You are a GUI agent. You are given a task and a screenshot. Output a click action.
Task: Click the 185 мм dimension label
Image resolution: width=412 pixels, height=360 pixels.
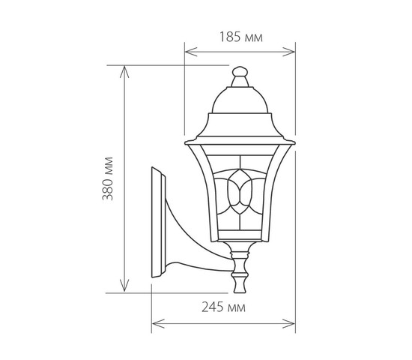tap(241, 37)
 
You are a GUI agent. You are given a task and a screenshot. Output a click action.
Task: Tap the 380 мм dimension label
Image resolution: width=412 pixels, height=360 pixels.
tap(108, 179)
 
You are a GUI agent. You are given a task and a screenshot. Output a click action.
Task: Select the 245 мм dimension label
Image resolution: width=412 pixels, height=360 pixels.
tap(224, 307)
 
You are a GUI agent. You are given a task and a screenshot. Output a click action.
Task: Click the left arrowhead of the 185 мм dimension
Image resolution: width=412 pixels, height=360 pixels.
tap(191, 52)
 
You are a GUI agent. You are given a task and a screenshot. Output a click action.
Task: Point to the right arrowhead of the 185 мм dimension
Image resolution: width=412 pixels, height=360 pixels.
tap(288, 52)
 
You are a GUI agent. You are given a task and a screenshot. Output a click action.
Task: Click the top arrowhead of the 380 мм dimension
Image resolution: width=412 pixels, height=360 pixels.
tap(124, 72)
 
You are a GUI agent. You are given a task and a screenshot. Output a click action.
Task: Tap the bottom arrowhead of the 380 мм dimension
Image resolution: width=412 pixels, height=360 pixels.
tap(124, 286)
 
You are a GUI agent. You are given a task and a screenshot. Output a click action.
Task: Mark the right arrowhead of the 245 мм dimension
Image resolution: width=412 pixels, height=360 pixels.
tap(288, 324)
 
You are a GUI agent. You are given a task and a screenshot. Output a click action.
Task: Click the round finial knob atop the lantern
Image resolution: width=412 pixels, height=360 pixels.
tap(240, 71)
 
